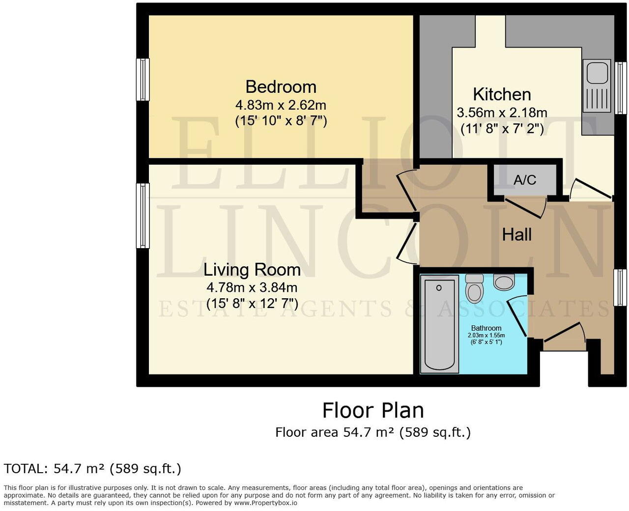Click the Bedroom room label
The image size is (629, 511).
[281, 87]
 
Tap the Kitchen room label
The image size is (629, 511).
[502, 94]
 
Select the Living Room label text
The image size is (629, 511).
[252, 270]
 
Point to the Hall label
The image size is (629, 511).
[516, 235]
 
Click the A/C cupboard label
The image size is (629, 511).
[525, 180]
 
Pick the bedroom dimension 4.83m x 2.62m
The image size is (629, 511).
[281, 105]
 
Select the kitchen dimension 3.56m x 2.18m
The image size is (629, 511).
[502, 113]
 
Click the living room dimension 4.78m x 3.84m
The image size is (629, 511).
[252, 287]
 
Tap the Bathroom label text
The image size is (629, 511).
[486, 328]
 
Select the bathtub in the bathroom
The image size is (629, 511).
[439, 324]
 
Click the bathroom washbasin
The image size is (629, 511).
[504, 282]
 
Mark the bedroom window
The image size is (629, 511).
[143, 80]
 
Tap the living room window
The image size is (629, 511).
[143, 216]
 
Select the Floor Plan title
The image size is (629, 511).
[372, 410]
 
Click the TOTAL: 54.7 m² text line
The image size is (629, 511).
[92, 469]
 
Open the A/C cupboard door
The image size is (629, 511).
[524, 207]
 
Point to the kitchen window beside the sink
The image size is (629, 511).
[621, 88]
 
